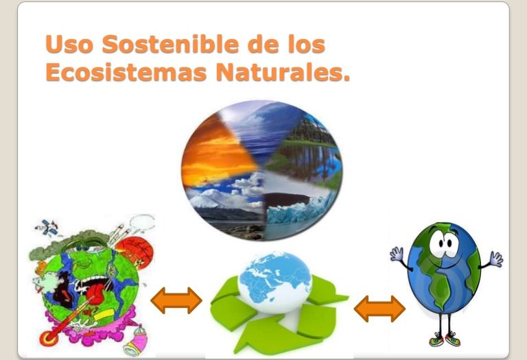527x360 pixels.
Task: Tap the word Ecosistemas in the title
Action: [x=126, y=72]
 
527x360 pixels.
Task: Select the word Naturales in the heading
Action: [x=283, y=72]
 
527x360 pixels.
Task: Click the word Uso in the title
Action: [x=69, y=44]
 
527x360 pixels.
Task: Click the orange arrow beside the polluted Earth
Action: [x=176, y=300]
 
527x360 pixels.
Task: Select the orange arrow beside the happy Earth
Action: [x=379, y=309]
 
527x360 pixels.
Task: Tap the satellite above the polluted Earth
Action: [x=48, y=228]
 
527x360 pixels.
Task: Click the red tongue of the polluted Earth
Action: [x=97, y=295]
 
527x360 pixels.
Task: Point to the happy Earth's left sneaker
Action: [x=436, y=339]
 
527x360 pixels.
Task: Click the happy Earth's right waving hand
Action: [x=496, y=259]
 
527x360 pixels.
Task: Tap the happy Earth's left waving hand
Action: [x=397, y=254]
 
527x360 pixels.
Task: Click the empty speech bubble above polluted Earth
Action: [x=142, y=221]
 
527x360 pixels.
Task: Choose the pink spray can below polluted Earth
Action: [x=136, y=340]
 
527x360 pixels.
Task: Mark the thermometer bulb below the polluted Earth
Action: [x=49, y=337]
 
